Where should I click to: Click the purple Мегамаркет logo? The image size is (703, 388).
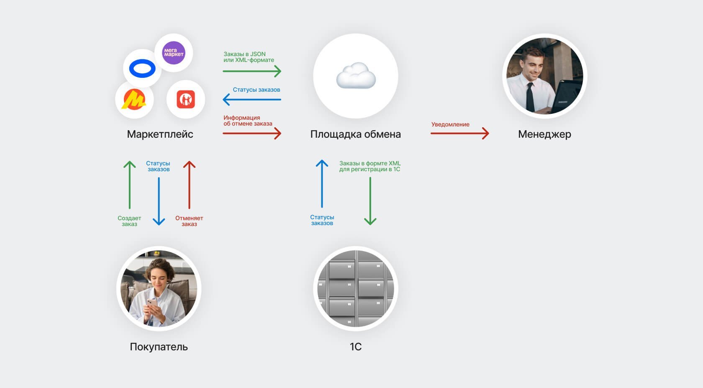[x=174, y=53]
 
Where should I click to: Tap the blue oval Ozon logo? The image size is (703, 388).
[x=142, y=69]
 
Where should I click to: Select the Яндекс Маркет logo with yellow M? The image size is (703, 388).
[x=134, y=100]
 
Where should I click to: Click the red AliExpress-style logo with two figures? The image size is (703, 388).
[x=185, y=100]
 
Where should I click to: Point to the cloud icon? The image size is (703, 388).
[x=356, y=76]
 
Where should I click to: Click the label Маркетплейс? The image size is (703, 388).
[x=160, y=134]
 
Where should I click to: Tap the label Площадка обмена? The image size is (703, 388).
[x=355, y=134]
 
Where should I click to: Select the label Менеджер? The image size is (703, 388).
[x=544, y=134]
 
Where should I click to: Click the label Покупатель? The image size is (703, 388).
[x=159, y=347]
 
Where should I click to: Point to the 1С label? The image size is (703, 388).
[x=355, y=347]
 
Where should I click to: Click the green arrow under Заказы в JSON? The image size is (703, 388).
[x=251, y=71]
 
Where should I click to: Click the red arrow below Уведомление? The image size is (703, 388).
[x=459, y=134]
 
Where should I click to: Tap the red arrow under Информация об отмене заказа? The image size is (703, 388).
[x=251, y=134]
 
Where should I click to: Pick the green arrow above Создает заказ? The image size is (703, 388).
[x=130, y=185]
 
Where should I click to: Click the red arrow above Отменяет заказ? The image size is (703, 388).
[x=189, y=185]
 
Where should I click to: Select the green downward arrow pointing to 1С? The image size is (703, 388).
[x=370, y=201]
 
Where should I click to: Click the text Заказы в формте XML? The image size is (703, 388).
[x=370, y=163]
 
